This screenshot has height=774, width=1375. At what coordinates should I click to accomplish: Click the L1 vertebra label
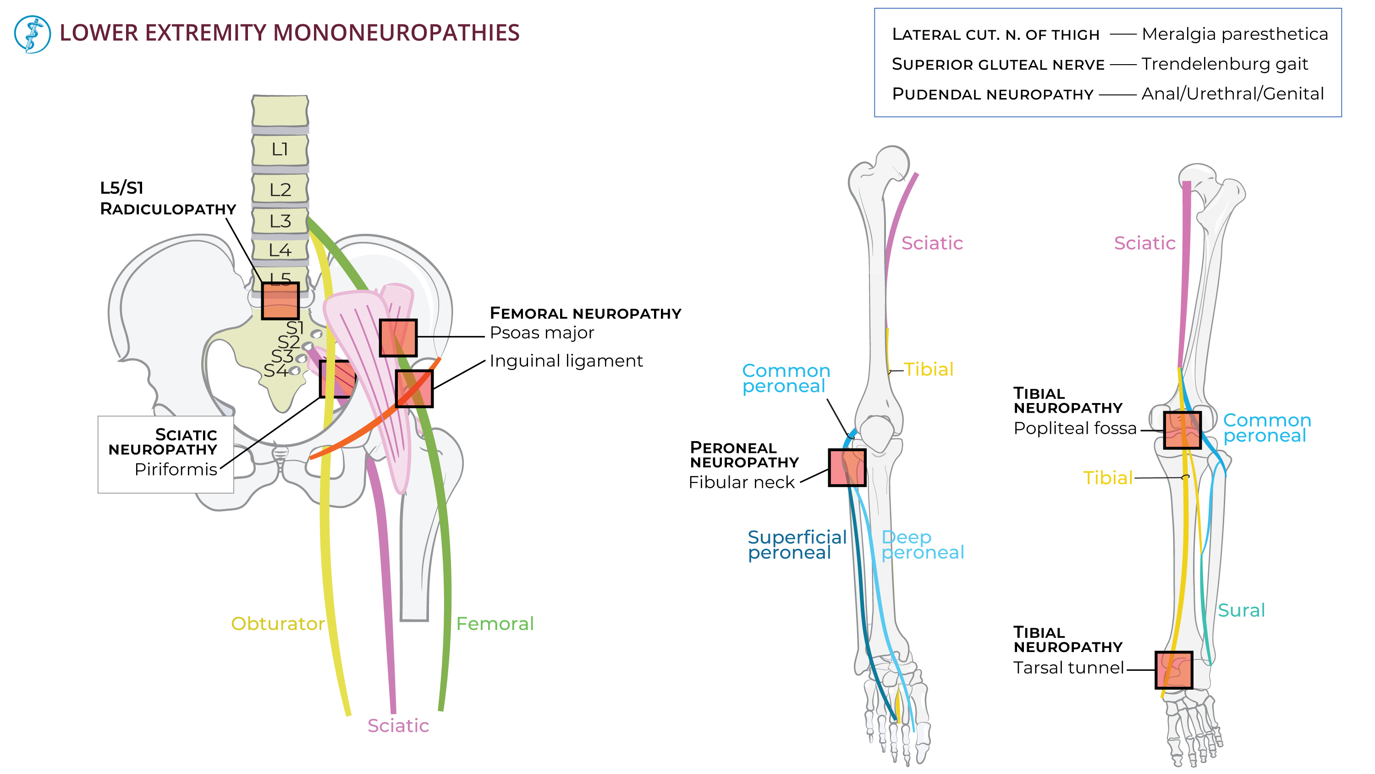(280, 149)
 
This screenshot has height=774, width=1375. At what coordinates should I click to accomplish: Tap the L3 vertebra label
(280, 221)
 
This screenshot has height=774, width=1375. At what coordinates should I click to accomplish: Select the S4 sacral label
(275, 370)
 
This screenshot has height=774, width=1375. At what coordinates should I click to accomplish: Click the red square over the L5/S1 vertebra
(280, 301)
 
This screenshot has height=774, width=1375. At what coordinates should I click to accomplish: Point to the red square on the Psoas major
(398, 337)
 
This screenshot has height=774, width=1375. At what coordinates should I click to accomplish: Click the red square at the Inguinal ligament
(414, 388)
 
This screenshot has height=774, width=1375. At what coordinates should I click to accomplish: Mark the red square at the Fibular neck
(847, 467)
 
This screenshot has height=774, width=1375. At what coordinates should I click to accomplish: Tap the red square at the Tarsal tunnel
(1173, 669)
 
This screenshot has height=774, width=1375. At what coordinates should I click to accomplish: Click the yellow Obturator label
(278, 623)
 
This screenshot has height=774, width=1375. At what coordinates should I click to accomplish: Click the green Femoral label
(494, 623)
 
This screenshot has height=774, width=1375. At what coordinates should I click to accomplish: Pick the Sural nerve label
(1241, 610)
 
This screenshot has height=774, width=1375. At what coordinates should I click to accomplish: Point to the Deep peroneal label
(922, 544)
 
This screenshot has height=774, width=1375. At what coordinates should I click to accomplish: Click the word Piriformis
(176, 469)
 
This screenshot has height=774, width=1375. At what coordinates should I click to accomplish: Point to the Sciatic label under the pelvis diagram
(398, 725)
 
